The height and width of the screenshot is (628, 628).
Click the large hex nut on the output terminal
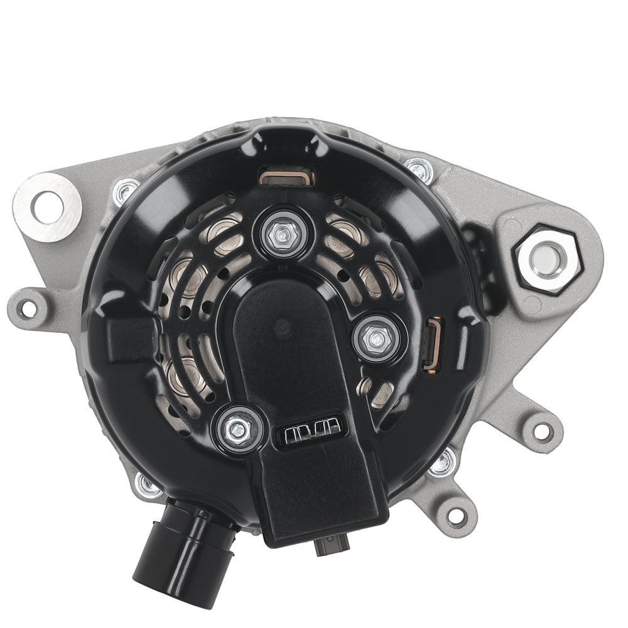pos(548,259)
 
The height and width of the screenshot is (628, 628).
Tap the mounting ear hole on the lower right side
pos(542,431)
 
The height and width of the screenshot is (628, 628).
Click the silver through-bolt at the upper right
pos(418,168)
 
